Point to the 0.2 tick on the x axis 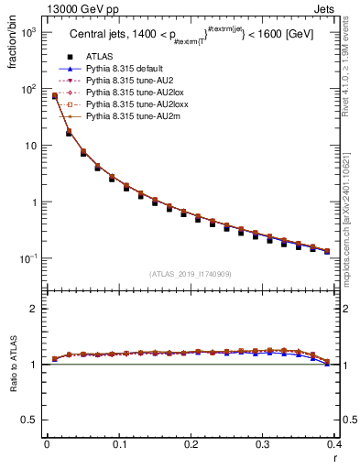click(191, 448)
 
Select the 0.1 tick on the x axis click(118, 448)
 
